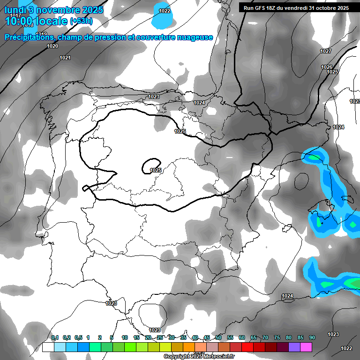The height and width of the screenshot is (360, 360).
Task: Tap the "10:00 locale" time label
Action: coord(36,21)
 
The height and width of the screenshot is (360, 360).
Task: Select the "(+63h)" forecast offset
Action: coord(81,21)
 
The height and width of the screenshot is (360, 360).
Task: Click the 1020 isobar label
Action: coord(52,46)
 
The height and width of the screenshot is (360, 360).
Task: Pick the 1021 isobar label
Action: coord(65,58)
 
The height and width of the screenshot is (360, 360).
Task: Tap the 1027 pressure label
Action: coord(326,51)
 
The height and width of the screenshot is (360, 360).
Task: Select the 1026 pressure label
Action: coord(327,67)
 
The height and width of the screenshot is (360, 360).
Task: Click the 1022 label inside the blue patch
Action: coord(165,11)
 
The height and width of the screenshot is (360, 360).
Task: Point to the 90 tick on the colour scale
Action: coord(312,337)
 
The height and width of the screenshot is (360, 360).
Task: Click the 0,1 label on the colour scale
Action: coord(55,337)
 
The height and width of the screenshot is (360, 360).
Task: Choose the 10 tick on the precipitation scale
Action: coord(125,337)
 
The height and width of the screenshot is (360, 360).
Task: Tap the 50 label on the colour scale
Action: coord(218,337)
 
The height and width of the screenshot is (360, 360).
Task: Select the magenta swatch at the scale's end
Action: coord(306,347)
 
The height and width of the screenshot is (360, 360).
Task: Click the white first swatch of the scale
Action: coord(48,347)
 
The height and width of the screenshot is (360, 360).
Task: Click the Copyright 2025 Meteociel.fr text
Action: coord(199,356)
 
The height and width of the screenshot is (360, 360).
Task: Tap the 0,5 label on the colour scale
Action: coord(78,337)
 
